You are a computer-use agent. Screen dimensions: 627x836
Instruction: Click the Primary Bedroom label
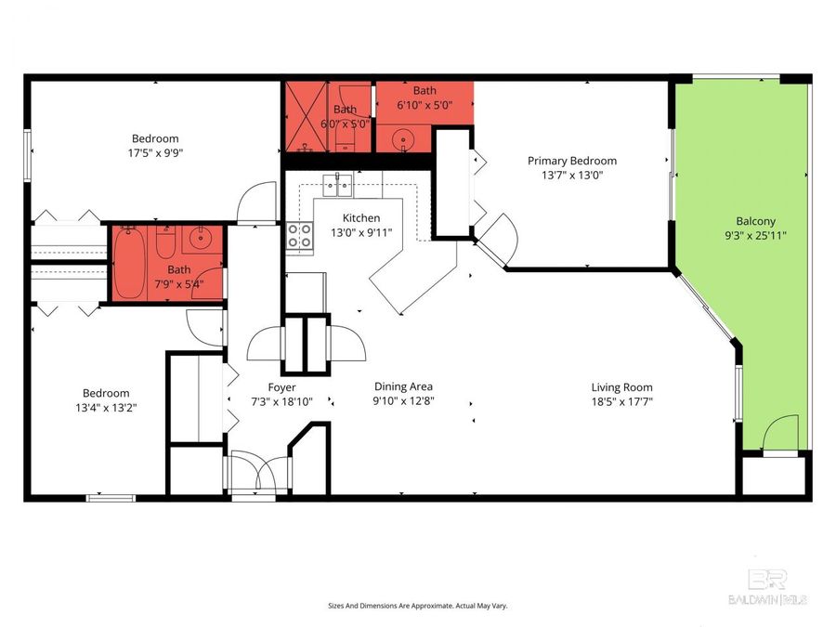(x=572, y=161)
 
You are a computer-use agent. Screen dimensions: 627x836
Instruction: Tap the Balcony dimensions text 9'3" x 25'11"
(x=756, y=236)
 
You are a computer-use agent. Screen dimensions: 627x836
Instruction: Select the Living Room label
(x=621, y=387)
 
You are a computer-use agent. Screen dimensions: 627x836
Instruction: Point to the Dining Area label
(x=403, y=386)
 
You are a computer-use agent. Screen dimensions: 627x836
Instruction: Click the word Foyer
(x=281, y=387)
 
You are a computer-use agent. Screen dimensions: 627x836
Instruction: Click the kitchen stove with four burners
(x=300, y=236)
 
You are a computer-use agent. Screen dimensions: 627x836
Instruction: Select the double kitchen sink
(x=336, y=185)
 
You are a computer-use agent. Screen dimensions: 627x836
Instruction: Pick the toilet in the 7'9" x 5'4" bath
(x=165, y=243)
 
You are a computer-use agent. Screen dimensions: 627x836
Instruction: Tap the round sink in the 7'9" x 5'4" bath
(x=201, y=240)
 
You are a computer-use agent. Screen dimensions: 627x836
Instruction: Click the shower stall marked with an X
(x=306, y=116)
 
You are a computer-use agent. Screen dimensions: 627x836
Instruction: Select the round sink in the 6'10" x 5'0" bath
(x=403, y=141)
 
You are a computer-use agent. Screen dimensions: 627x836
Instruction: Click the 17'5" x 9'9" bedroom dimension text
(x=156, y=153)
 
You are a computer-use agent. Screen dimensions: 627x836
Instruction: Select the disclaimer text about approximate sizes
(x=417, y=606)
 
